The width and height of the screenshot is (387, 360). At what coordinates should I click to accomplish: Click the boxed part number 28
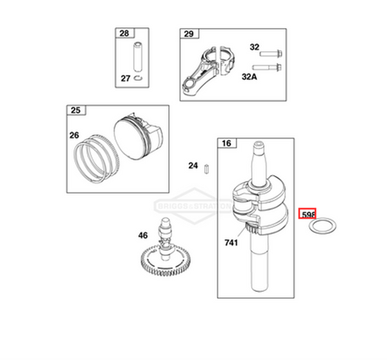point(124,34)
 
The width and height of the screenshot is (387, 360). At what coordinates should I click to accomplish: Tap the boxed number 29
point(188,34)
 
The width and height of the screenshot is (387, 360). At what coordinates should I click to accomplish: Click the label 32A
point(251,77)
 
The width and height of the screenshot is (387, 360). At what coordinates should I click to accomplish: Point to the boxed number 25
point(75,110)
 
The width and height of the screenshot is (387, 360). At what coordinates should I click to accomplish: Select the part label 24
point(193,166)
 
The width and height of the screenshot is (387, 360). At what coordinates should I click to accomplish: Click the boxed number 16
point(226,143)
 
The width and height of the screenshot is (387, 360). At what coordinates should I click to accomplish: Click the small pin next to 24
point(206,167)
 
